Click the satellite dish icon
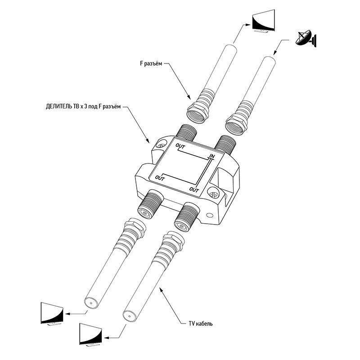pos(306,40)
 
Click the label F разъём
pos(147,64)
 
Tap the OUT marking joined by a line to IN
pos(180,146)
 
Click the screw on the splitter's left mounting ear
pos(160,145)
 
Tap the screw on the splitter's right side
pos(213,194)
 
